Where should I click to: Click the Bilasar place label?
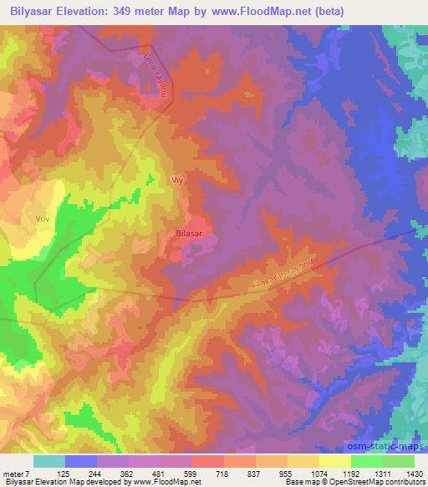click(x=189, y=235)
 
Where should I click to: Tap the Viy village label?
click(x=176, y=180)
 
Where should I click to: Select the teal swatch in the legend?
click(x=48, y=461)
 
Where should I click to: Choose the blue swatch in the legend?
click(x=80, y=461)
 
